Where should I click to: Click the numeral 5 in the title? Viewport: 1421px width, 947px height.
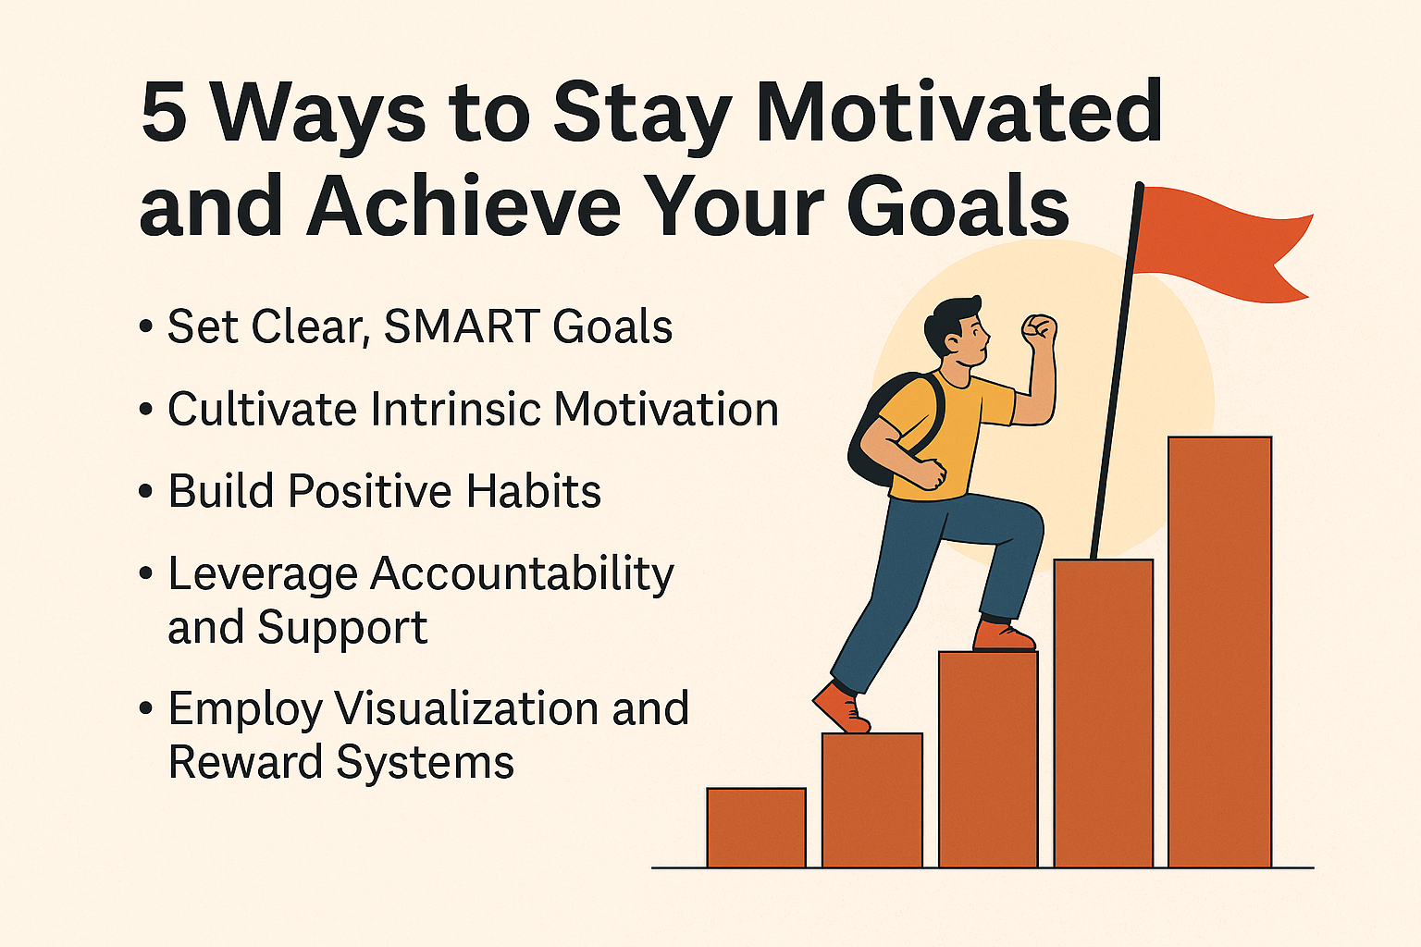[x=165, y=114]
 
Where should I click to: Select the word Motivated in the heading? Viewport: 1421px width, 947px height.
[x=958, y=114]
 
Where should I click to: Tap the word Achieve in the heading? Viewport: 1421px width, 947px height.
[x=463, y=206]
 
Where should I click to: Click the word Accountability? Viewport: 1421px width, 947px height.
[x=522, y=573]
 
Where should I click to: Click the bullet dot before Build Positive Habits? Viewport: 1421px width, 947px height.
[x=145, y=491]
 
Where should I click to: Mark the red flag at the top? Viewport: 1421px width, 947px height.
[x=1217, y=240]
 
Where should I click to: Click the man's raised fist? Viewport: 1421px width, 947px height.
[x=1038, y=330]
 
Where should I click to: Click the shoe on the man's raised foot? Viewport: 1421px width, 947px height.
[x=1003, y=635]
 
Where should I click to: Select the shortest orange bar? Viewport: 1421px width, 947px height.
[x=756, y=828]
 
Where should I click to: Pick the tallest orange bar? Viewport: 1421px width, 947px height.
[x=1219, y=652]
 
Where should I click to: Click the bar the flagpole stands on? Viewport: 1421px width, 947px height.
[x=1103, y=712]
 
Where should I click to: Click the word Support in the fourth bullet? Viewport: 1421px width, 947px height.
[x=342, y=627]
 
